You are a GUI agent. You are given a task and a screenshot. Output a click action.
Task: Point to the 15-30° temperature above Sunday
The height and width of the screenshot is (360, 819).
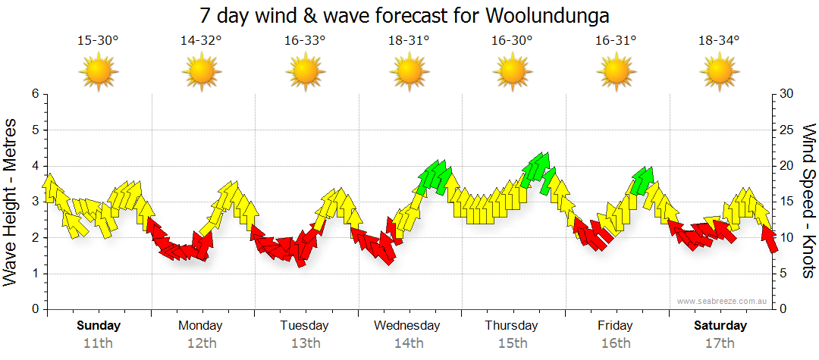[x=98, y=41]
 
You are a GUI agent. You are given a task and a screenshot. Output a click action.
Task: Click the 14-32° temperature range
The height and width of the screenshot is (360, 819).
[x=201, y=41]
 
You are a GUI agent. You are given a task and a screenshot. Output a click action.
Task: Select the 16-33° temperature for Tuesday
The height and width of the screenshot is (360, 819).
[x=305, y=41]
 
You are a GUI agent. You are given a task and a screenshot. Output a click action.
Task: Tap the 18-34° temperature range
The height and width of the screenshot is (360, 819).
[x=719, y=41]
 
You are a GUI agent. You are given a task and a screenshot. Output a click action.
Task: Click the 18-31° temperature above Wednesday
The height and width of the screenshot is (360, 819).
[x=409, y=41]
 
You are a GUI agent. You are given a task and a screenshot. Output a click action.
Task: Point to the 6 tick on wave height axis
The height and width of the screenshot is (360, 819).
[x=34, y=94]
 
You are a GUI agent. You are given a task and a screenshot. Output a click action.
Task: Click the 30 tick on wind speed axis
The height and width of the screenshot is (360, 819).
[x=786, y=94]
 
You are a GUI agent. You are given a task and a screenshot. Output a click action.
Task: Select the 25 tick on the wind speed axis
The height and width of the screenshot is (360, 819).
[x=786, y=130]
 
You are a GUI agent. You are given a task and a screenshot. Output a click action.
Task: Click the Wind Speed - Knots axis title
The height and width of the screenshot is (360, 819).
[x=808, y=201]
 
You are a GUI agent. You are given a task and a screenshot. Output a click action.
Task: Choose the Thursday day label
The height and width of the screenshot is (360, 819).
[x=512, y=326]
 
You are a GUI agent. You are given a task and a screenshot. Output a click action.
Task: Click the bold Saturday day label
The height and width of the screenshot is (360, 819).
[x=720, y=326]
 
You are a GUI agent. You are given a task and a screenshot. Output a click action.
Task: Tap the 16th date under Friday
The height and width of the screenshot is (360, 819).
[x=615, y=343]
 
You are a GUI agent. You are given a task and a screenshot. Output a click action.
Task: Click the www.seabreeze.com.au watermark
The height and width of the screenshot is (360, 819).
[x=723, y=301]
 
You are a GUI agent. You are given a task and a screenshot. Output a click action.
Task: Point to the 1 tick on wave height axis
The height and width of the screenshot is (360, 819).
[x=34, y=274]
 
